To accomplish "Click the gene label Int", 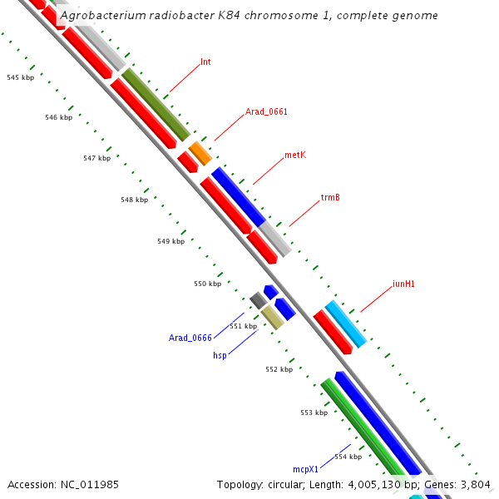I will [x=205, y=62].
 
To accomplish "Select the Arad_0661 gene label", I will [x=266, y=111].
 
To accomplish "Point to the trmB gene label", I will [x=330, y=198].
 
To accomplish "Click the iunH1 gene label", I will [x=403, y=284].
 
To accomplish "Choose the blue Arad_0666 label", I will [x=190, y=338].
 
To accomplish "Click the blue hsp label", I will [x=220, y=355].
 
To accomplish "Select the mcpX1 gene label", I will [x=306, y=469].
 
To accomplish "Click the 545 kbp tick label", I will [x=18, y=77].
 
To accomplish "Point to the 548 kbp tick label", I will [x=134, y=200].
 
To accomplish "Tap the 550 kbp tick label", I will [x=207, y=284].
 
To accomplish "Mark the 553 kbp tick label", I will [x=314, y=413].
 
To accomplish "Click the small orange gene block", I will [x=200, y=153].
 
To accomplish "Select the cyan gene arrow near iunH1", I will [x=345, y=324].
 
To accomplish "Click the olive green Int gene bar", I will [x=156, y=104].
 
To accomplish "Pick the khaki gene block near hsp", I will [x=272, y=317].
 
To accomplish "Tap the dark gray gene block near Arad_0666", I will [x=259, y=300].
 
